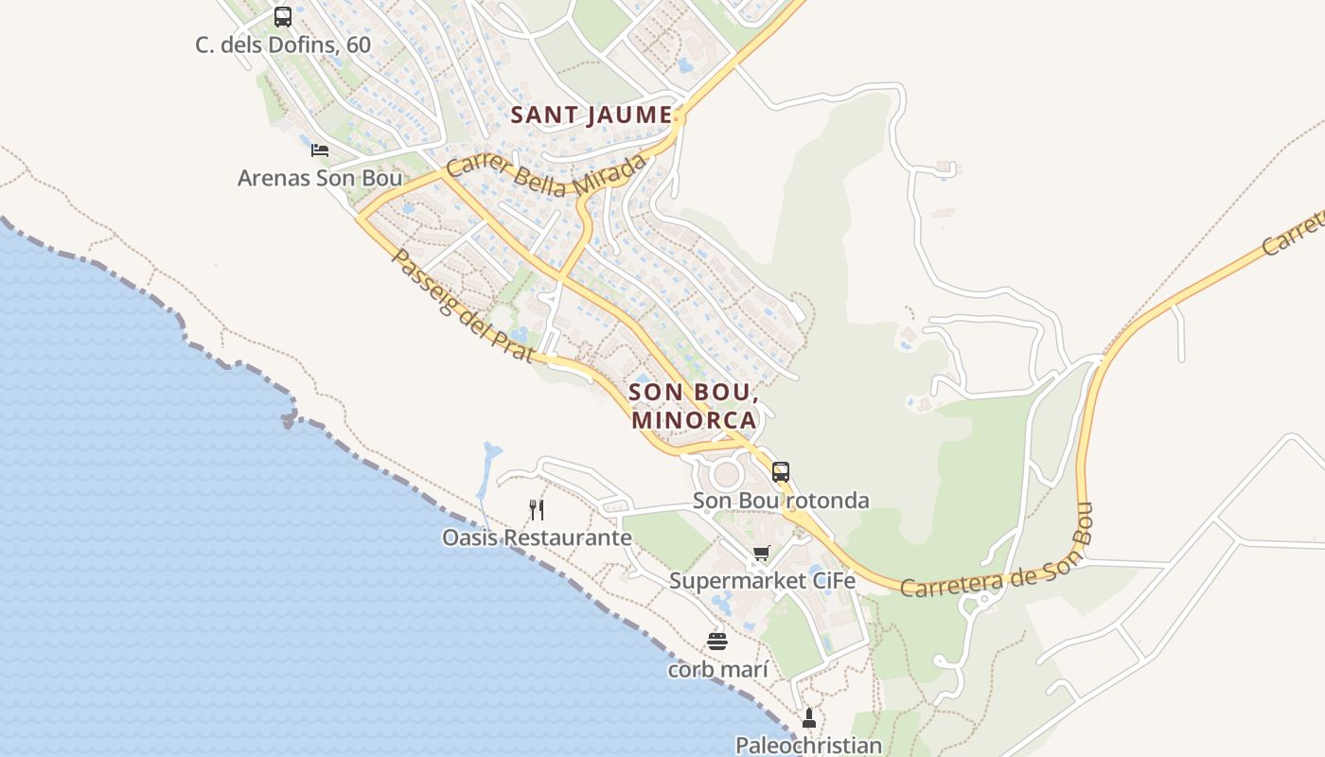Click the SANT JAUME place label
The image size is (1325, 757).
[591, 115]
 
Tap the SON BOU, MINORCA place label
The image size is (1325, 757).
[694, 405]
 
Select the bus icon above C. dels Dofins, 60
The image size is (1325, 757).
[282, 16]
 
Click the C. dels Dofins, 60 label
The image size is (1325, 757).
[283, 44]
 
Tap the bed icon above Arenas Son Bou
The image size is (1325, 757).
[320, 150]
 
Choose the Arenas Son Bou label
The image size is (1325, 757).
[320, 178]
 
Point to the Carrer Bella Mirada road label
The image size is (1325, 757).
[546, 175]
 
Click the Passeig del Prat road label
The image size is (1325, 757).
[462, 306]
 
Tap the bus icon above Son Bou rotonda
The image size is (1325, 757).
[780, 471]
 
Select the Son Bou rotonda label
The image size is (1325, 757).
[781, 500]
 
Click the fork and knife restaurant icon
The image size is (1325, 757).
[537, 510]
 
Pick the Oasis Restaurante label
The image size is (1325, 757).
[537, 537]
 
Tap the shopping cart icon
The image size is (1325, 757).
[762, 554]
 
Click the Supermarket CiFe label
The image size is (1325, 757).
[762, 581]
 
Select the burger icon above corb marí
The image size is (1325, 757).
[717, 642]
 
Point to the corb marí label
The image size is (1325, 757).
[717, 669]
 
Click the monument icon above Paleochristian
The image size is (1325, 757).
[808, 718]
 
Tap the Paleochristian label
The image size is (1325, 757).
[808, 746]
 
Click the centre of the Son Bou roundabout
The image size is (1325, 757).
[726, 473]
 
